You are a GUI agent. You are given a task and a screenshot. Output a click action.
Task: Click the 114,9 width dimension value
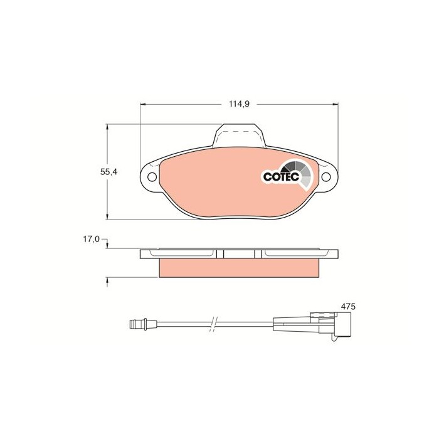point(239,104)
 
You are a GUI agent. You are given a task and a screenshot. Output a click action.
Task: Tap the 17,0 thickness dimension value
point(92,239)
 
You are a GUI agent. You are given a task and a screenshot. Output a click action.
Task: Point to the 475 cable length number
point(348,306)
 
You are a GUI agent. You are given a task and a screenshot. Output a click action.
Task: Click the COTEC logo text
point(277,177)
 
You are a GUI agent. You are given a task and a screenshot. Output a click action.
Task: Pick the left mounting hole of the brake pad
point(151,177)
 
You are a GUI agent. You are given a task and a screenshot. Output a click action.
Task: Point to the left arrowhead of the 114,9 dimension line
point(141,104)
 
